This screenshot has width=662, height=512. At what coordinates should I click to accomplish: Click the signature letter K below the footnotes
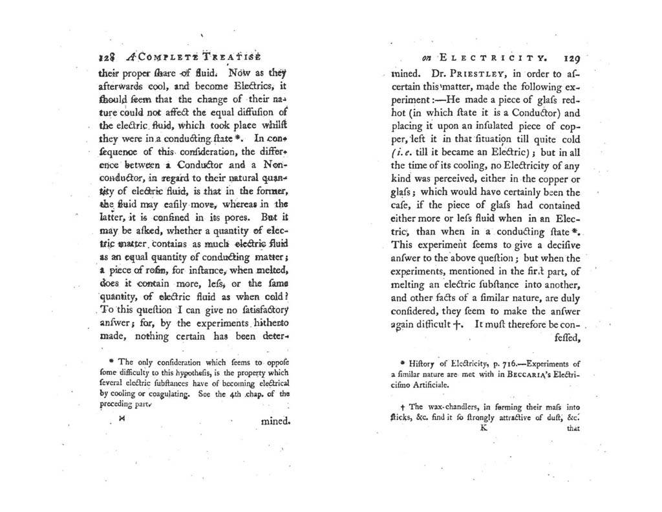(x=482, y=428)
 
